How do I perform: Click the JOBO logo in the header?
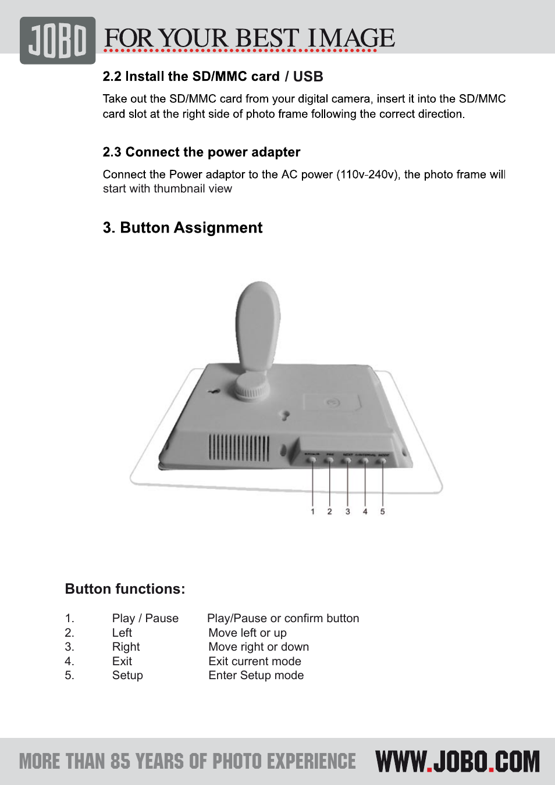click(x=58, y=41)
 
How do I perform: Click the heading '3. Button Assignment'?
click(x=183, y=228)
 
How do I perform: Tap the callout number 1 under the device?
click(x=312, y=512)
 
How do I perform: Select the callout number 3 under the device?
click(x=348, y=512)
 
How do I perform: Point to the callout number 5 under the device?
click(x=382, y=512)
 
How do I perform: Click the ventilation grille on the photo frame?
click(x=239, y=448)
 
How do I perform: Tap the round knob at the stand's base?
click(x=251, y=385)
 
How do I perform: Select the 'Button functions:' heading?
click(x=125, y=589)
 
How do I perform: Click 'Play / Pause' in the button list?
click(x=145, y=618)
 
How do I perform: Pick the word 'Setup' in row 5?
click(x=127, y=675)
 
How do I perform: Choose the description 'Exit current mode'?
click(x=255, y=661)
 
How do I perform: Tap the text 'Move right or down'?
click(x=259, y=647)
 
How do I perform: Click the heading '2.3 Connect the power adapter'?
click(x=201, y=152)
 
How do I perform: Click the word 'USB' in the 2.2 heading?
click(x=308, y=77)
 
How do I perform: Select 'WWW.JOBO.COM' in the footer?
click(x=458, y=762)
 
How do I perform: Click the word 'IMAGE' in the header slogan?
click(x=351, y=38)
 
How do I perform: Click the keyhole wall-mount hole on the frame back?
click(x=285, y=415)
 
